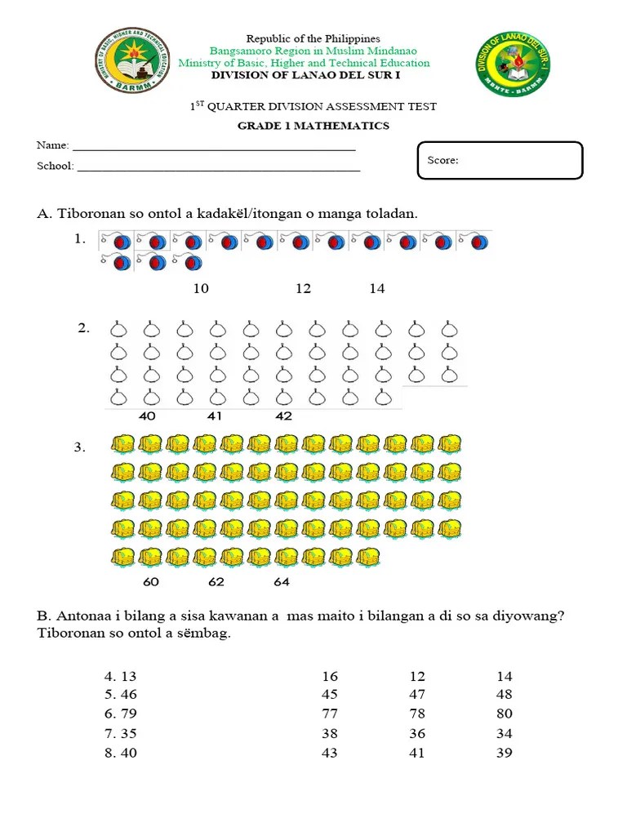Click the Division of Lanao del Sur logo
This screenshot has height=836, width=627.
point(513,66)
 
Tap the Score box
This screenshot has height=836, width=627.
point(500,160)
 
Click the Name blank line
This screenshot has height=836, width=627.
point(214,148)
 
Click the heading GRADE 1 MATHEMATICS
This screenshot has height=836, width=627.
point(313,126)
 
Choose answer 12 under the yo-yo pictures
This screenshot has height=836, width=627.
point(304,289)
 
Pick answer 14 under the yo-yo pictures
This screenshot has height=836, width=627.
point(376,289)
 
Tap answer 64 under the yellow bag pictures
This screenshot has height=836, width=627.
point(282,582)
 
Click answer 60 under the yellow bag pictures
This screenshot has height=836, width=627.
point(151,582)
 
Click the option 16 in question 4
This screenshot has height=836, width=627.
point(330,677)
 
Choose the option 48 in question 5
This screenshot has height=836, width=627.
point(505,695)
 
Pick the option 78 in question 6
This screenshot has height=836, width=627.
point(417,714)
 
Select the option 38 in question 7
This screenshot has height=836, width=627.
point(330,733)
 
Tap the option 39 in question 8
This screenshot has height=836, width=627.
point(505,753)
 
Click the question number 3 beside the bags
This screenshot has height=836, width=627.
point(79,447)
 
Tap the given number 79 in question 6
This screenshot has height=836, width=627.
point(129,714)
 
